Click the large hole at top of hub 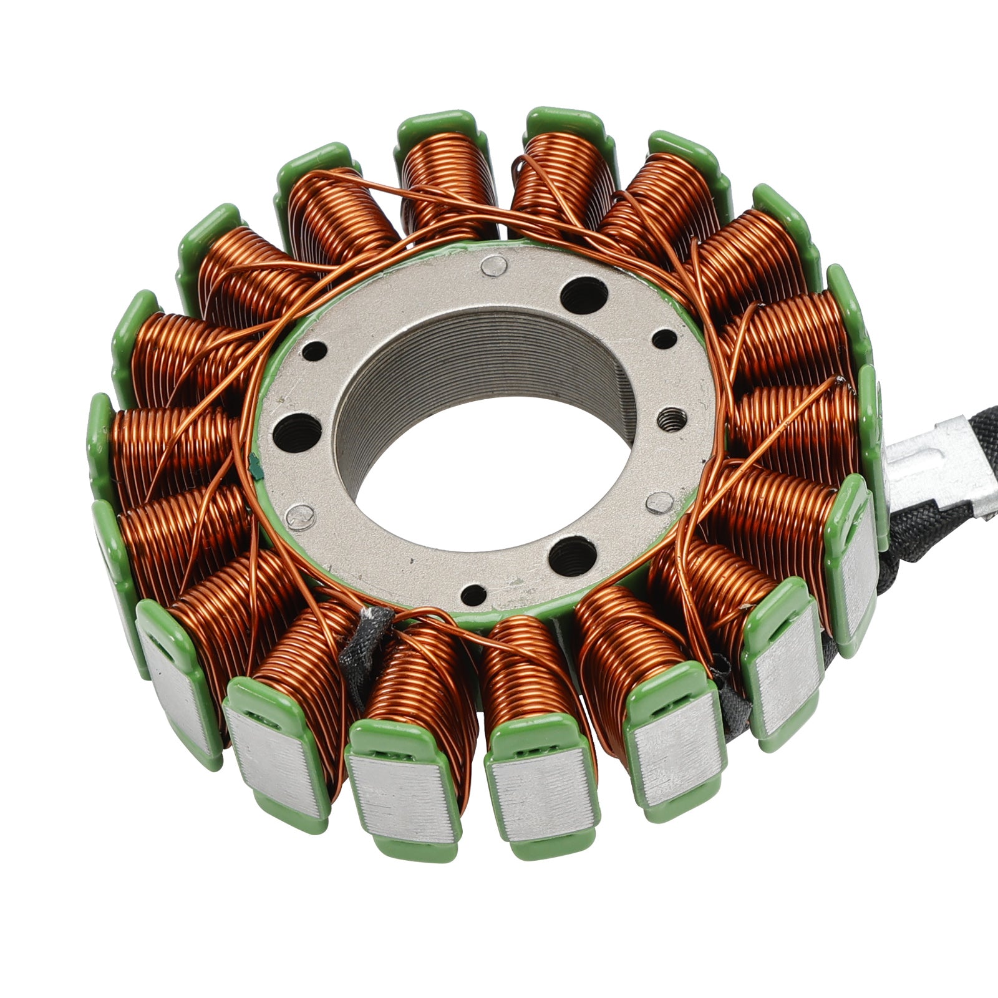584,295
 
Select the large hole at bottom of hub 571,553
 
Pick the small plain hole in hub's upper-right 664,339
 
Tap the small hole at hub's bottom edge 473,594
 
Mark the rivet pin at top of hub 493,266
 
